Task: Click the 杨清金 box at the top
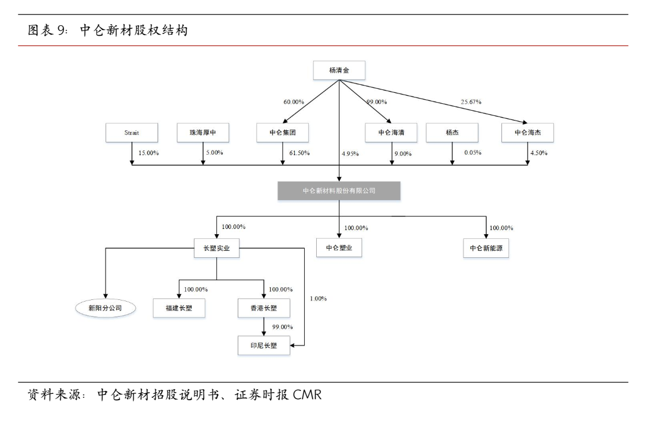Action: [339, 71]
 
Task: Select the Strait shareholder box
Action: [132, 133]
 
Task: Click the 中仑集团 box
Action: [282, 133]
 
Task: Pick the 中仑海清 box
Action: [391, 133]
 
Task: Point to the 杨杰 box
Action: [452, 133]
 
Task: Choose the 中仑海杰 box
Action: [527, 133]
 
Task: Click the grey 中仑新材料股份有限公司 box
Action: [339, 191]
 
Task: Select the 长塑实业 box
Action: [216, 248]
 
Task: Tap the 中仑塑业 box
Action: [339, 248]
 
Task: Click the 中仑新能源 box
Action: [486, 248]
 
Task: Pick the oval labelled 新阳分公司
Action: [106, 308]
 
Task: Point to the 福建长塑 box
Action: [179, 308]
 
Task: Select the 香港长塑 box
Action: [264, 308]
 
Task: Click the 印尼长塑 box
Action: [264, 345]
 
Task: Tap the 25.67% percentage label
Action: [471, 102]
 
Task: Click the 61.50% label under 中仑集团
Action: [298, 153]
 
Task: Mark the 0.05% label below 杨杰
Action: [472, 153]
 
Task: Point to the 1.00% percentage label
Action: [318, 299]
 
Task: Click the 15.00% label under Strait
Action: [148, 153]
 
